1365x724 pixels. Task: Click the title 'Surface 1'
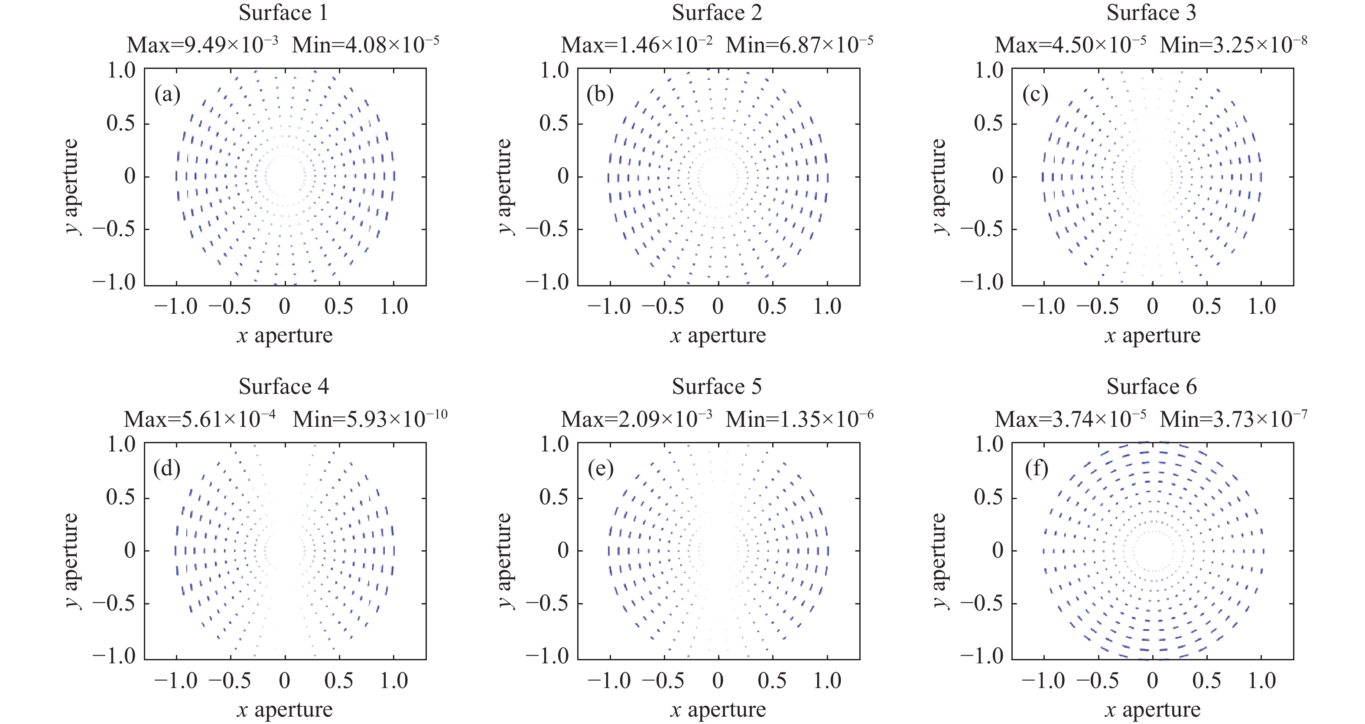283,13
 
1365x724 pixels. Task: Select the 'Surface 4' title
283,386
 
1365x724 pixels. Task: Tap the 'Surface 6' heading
1151,386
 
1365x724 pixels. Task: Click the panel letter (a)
167,95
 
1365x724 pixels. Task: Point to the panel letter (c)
1035,95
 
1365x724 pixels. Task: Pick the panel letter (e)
600,469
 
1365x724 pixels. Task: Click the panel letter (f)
1037,469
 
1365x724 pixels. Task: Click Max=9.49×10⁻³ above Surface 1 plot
202,45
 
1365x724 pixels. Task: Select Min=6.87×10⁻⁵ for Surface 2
799,45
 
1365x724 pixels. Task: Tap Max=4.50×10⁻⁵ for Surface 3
1070,45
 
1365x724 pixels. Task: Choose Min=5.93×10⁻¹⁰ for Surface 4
370,419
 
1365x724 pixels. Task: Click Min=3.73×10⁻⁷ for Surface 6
1233,419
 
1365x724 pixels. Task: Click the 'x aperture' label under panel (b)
718,335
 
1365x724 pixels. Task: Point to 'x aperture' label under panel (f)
1153,709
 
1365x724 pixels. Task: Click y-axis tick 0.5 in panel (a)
121,123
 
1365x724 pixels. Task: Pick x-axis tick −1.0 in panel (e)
609,681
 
